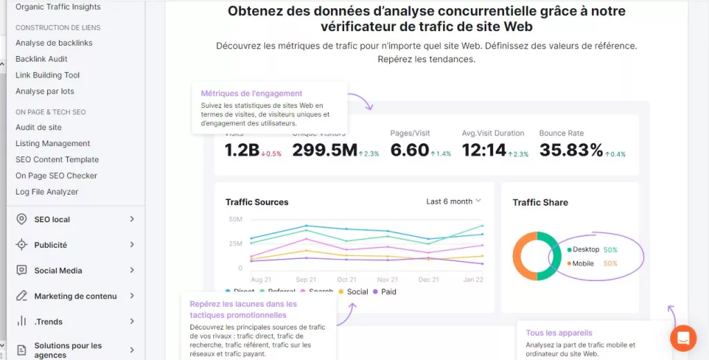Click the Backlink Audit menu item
click(x=42, y=59)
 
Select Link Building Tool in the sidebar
click(x=47, y=75)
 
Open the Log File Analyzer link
click(x=46, y=192)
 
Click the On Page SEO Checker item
click(x=56, y=176)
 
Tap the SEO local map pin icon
click(x=21, y=219)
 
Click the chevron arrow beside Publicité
click(x=132, y=244)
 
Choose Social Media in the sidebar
click(x=58, y=271)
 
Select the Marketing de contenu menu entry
click(x=75, y=296)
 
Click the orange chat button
click(x=683, y=338)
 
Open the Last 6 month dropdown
click(x=454, y=201)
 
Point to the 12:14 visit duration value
click(x=484, y=150)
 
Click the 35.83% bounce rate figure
click(x=571, y=150)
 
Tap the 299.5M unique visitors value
click(x=324, y=150)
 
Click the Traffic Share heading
click(x=540, y=203)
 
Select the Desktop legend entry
click(x=586, y=249)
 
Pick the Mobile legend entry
click(x=583, y=264)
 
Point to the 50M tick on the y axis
click(x=235, y=219)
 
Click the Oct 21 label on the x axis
click(x=347, y=280)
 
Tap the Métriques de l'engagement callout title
click(x=251, y=93)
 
